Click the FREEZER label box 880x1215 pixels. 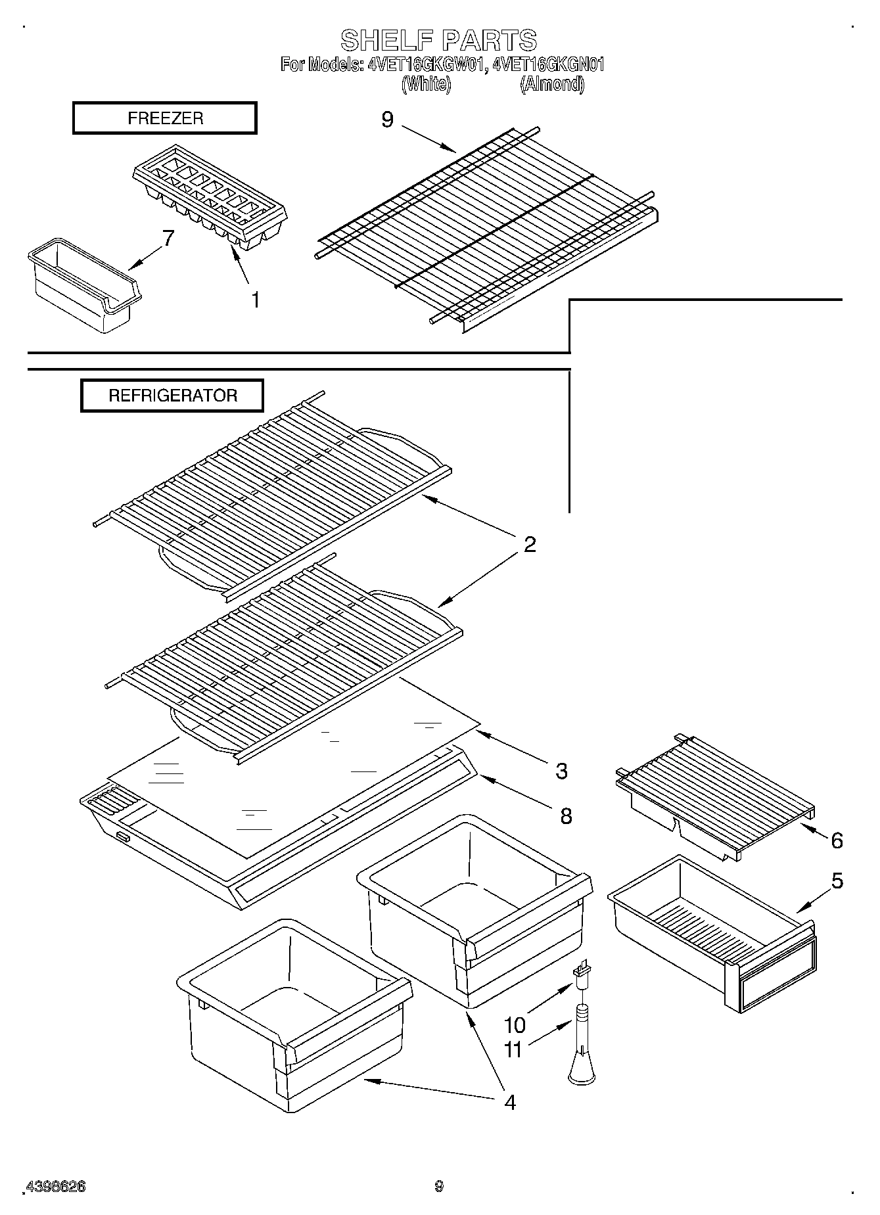coord(164,119)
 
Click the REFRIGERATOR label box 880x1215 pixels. coord(172,396)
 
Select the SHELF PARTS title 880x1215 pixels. coord(438,41)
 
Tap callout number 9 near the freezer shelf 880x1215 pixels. coord(388,120)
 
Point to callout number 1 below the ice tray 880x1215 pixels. coord(254,300)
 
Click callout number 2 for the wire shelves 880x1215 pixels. coord(530,544)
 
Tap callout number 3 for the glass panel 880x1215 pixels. coord(561,771)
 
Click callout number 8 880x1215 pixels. coord(565,816)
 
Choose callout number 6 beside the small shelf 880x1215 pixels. coord(837,840)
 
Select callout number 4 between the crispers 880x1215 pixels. coord(509,1101)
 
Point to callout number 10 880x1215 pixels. coord(515,1025)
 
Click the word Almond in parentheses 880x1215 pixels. coord(552,84)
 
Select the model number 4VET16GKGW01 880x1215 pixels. coord(427,65)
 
